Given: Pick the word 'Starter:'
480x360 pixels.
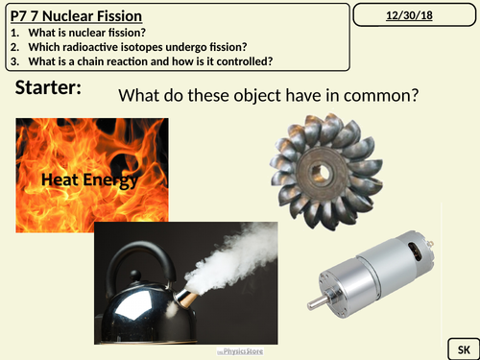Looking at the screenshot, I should (49, 88).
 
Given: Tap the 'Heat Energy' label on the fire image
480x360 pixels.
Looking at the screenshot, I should (89, 180).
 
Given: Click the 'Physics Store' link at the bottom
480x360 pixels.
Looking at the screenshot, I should (239, 351).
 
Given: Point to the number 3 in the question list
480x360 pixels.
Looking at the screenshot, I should (9, 60).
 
